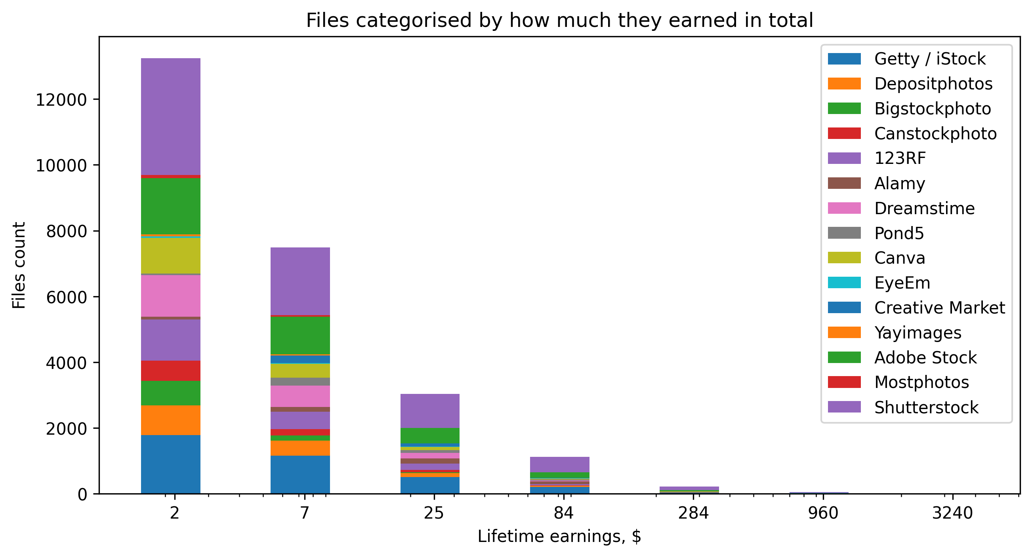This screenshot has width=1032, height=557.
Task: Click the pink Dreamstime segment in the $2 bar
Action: [171, 295]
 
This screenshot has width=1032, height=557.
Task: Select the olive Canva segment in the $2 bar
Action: [171, 255]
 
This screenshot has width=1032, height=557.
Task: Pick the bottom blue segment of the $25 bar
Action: [430, 485]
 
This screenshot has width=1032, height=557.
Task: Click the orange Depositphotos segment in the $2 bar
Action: [171, 420]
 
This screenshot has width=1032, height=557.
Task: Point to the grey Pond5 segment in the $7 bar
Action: [300, 381]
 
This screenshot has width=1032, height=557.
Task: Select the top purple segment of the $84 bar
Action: [559, 464]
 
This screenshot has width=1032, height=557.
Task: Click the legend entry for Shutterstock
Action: [926, 407]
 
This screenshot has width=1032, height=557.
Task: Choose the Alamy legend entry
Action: [899, 183]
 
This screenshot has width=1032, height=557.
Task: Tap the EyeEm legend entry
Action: [902, 283]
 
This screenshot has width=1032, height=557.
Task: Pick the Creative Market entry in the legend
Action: [939, 308]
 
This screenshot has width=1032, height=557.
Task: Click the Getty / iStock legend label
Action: [929, 59]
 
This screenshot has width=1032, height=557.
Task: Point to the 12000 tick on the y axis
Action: [61, 100]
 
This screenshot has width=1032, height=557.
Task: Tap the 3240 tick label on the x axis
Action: [952, 513]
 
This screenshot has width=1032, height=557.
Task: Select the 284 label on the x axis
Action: [693, 513]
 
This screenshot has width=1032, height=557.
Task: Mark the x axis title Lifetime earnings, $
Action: [559, 536]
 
